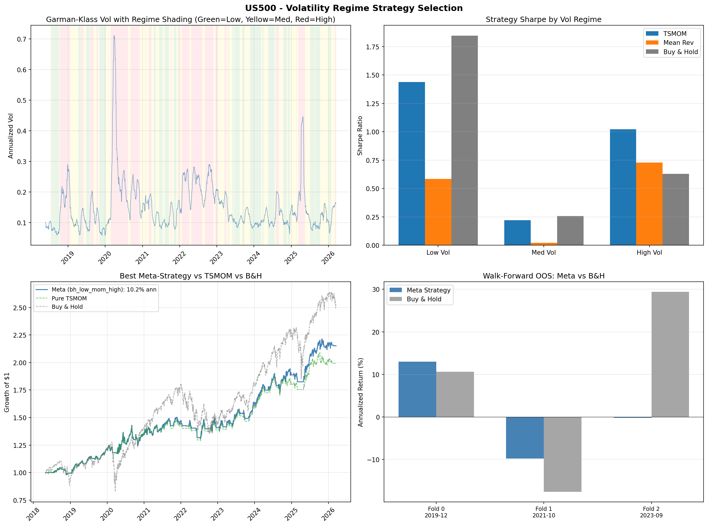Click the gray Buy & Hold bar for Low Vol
coord(464,140)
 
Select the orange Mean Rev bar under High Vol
coord(649,204)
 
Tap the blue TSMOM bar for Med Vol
coord(517,232)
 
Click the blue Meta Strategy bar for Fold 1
coord(524,437)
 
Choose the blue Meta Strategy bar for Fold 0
coord(417,389)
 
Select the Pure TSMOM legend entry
coord(69,298)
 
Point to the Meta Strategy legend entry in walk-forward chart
coord(428,290)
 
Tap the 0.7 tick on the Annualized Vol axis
coord(22,39)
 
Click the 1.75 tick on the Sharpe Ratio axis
coord(373,47)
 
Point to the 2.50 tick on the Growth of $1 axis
coord(20,308)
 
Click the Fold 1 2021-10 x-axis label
coord(543,512)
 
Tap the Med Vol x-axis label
coord(543,253)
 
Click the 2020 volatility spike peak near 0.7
coord(114,36)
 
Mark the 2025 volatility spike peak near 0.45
coord(303,117)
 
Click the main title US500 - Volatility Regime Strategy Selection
coord(354,8)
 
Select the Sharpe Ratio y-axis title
coord(360,136)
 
